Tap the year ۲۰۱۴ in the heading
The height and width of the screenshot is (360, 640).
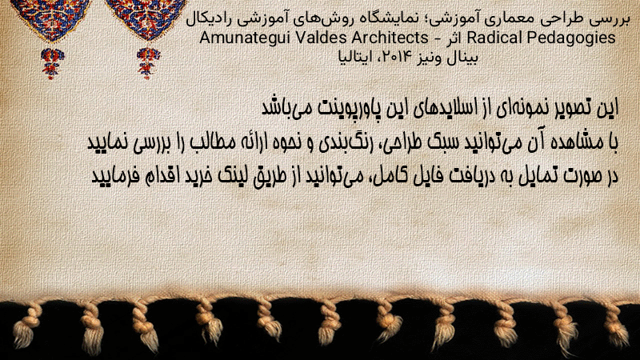pyautogui.click(x=390, y=57)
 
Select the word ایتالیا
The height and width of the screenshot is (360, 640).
pyautogui.click(x=355, y=57)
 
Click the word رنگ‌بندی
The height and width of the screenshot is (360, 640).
pyautogui.click(x=336, y=143)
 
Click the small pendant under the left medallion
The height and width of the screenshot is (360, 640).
pyautogui.click(x=52, y=63)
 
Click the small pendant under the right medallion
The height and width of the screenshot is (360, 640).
pyautogui.click(x=148, y=62)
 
